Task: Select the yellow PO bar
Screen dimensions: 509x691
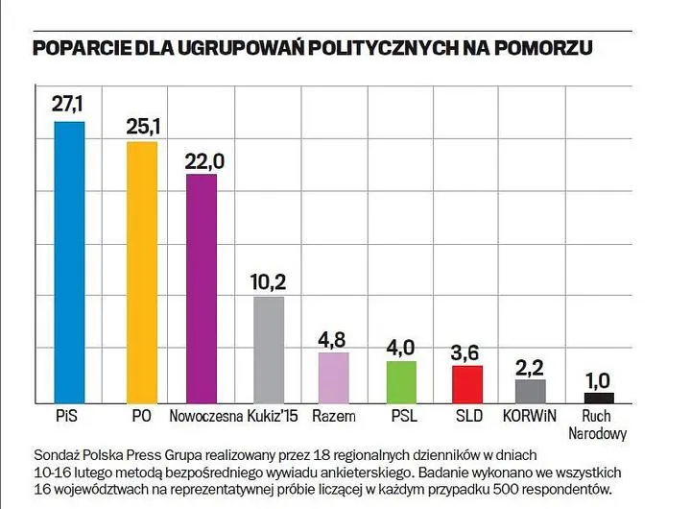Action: coord(142,273)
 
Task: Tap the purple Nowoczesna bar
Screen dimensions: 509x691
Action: coord(202,288)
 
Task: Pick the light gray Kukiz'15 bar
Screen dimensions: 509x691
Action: coord(268,350)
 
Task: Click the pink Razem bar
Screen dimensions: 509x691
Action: coord(333,377)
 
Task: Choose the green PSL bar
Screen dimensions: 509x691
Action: coord(401,381)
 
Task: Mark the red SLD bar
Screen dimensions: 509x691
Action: coord(466,384)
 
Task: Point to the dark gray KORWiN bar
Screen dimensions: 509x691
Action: coord(530,391)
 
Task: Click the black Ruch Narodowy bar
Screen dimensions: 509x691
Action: coord(599,398)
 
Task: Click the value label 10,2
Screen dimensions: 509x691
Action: coord(268,282)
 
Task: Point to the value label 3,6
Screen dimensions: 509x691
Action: coord(466,351)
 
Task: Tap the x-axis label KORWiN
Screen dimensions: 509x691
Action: coord(530,417)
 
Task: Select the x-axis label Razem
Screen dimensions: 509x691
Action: coord(334,417)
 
